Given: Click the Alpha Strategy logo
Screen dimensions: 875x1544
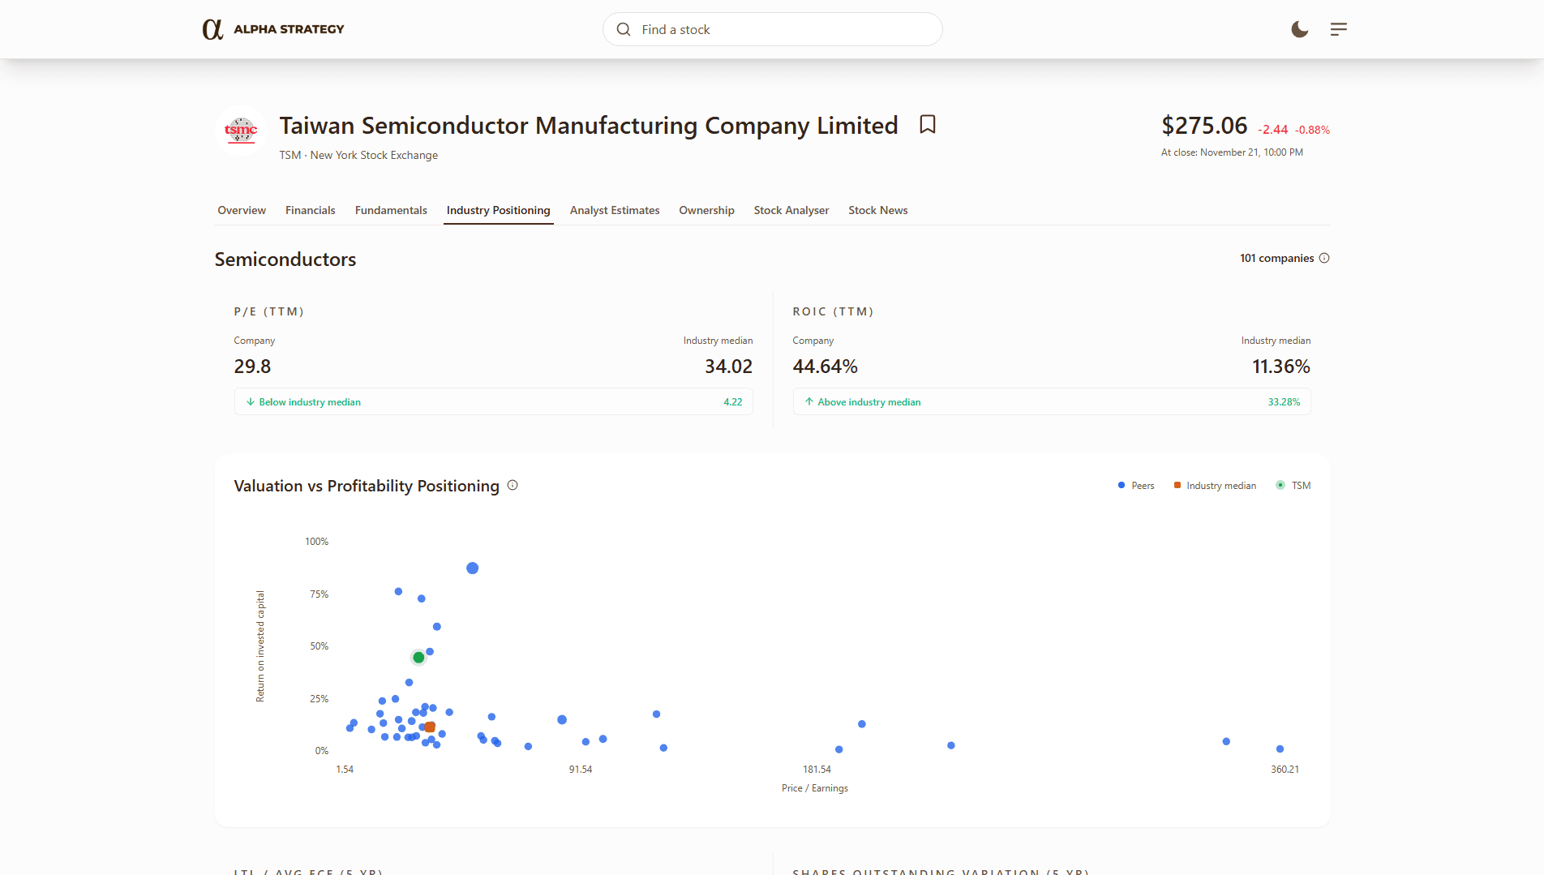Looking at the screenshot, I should click(x=273, y=29).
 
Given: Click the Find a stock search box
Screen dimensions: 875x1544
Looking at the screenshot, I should click(x=772, y=29).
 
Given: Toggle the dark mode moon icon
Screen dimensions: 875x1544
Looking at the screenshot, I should click(x=1299, y=29).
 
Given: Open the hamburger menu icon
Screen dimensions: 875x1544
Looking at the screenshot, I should click(x=1338, y=29).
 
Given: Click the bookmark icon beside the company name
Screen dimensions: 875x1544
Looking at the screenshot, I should click(x=928, y=124).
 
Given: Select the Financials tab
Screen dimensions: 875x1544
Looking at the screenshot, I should click(x=310, y=210).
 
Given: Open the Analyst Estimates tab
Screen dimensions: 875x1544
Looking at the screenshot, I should click(x=614, y=210).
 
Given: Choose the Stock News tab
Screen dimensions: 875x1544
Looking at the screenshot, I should click(x=877, y=210).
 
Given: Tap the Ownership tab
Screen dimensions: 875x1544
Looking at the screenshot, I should click(x=706, y=210).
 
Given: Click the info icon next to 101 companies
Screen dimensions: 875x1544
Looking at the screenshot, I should click(x=1324, y=258).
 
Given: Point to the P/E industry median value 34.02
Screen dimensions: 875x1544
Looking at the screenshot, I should click(x=728, y=367).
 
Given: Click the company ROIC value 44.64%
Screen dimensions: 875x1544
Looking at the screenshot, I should click(x=825, y=367).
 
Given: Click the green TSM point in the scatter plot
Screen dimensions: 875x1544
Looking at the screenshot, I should click(x=418, y=657).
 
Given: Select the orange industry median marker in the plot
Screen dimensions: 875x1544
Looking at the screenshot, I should click(x=430, y=727).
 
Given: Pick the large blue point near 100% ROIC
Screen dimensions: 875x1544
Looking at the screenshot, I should click(x=472, y=568).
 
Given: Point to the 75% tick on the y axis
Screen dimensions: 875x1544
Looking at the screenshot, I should click(x=319, y=594).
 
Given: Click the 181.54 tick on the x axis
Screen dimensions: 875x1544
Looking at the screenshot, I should click(x=817, y=770).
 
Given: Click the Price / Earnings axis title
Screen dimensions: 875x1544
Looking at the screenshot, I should click(x=814, y=788).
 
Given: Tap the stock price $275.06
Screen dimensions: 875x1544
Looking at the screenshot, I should click(x=1204, y=126).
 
